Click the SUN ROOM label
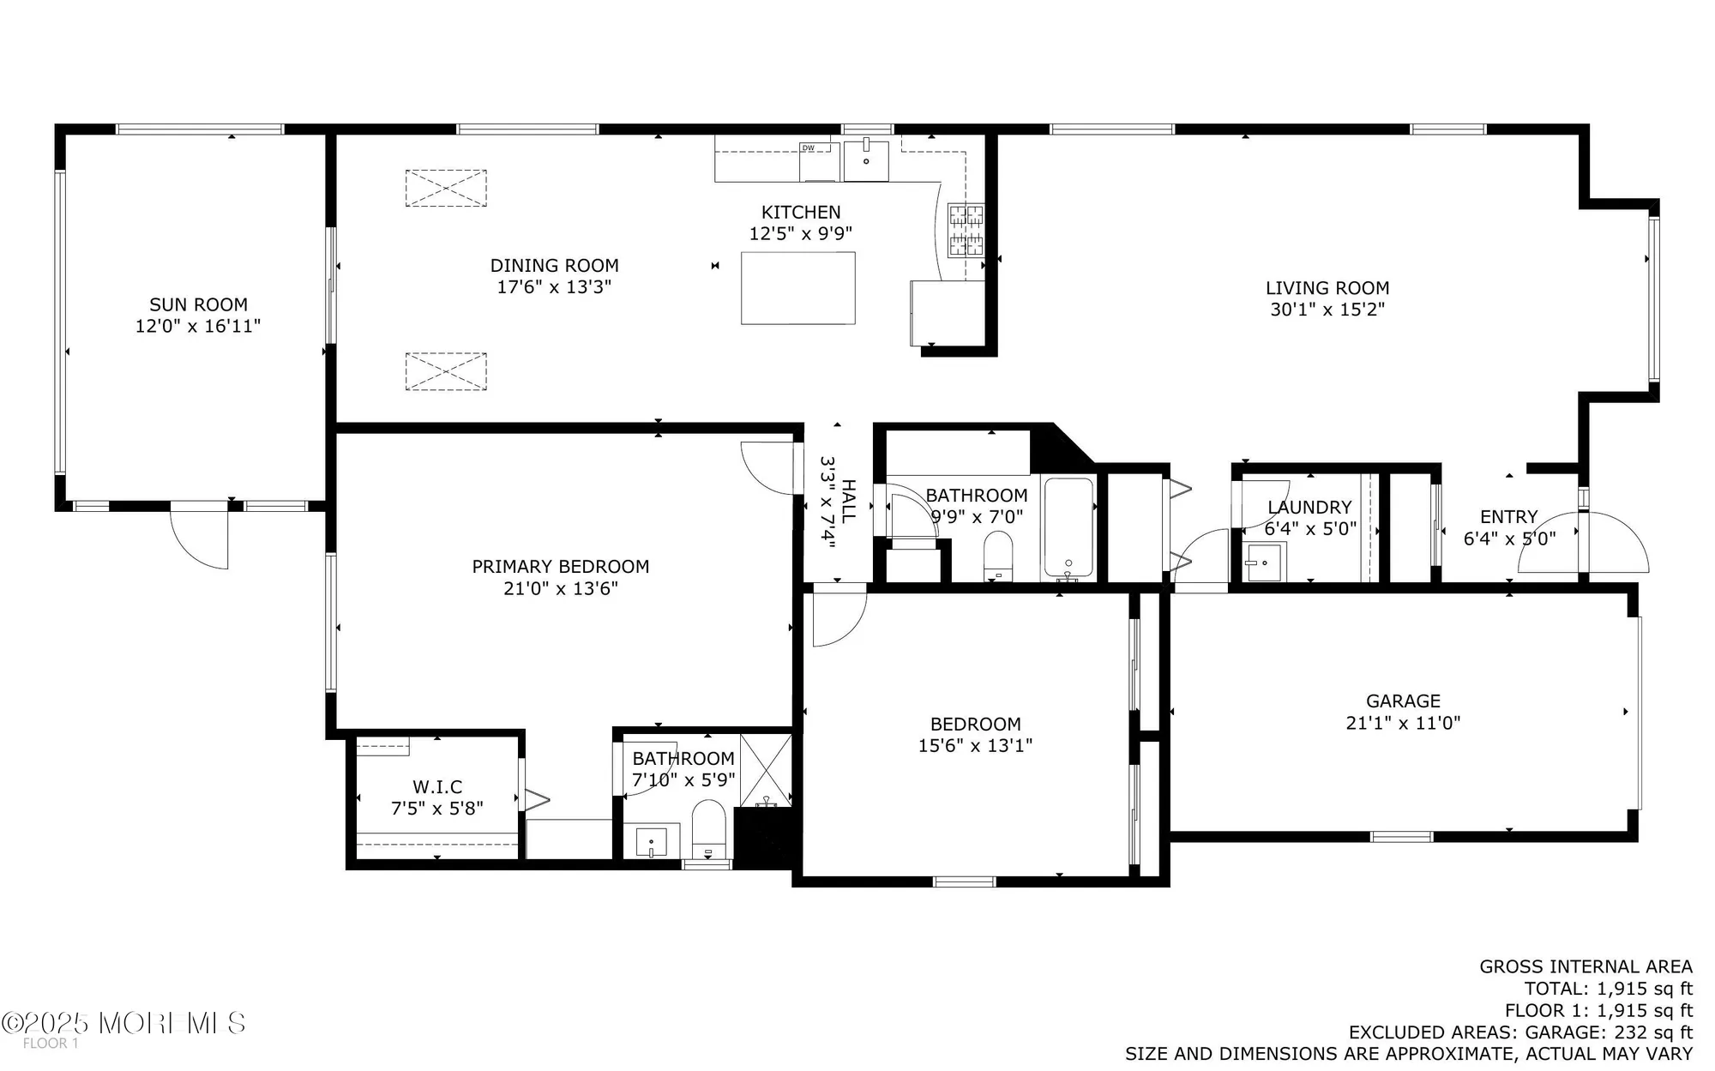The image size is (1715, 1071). coord(198,304)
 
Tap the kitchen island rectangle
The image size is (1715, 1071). coord(797,287)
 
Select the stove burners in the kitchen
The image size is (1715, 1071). coord(966,231)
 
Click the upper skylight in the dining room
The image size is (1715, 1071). coord(446,188)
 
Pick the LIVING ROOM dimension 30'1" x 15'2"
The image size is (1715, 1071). coord(1327,310)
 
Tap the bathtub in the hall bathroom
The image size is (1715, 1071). coord(1068,527)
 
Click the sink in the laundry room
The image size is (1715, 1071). coord(1264,563)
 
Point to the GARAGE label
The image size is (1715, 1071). coord(1403,701)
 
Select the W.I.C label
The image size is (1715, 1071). coord(437,786)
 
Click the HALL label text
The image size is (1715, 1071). coord(848,502)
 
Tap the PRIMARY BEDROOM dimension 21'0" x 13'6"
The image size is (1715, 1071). coord(560,588)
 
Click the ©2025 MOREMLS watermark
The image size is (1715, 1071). coord(124,1022)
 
